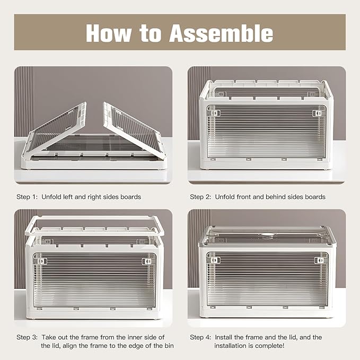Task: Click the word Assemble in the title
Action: tap(221, 33)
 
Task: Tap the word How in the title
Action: tap(109, 33)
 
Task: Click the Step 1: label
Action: tap(27, 197)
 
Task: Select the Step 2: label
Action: tap(200, 197)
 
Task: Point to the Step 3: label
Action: tap(27, 337)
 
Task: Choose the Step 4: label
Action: tap(200, 337)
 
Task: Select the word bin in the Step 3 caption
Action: tap(169, 346)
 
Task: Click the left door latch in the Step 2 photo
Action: tap(215, 113)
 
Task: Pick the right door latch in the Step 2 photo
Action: tap(318, 113)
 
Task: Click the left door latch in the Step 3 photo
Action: tap(42, 261)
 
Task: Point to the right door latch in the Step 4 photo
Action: tap(319, 260)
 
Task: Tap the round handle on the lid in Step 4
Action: tap(266, 235)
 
